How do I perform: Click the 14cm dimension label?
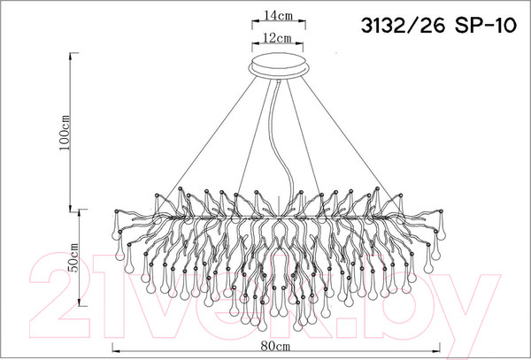click(279, 16)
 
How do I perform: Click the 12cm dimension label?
click(277, 38)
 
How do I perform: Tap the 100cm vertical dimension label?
click(65, 134)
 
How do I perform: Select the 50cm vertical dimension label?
click(73, 257)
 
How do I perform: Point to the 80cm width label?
click(275, 346)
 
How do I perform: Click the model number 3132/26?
click(403, 26)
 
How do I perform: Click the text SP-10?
click(486, 26)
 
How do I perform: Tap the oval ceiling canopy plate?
click(279, 66)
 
